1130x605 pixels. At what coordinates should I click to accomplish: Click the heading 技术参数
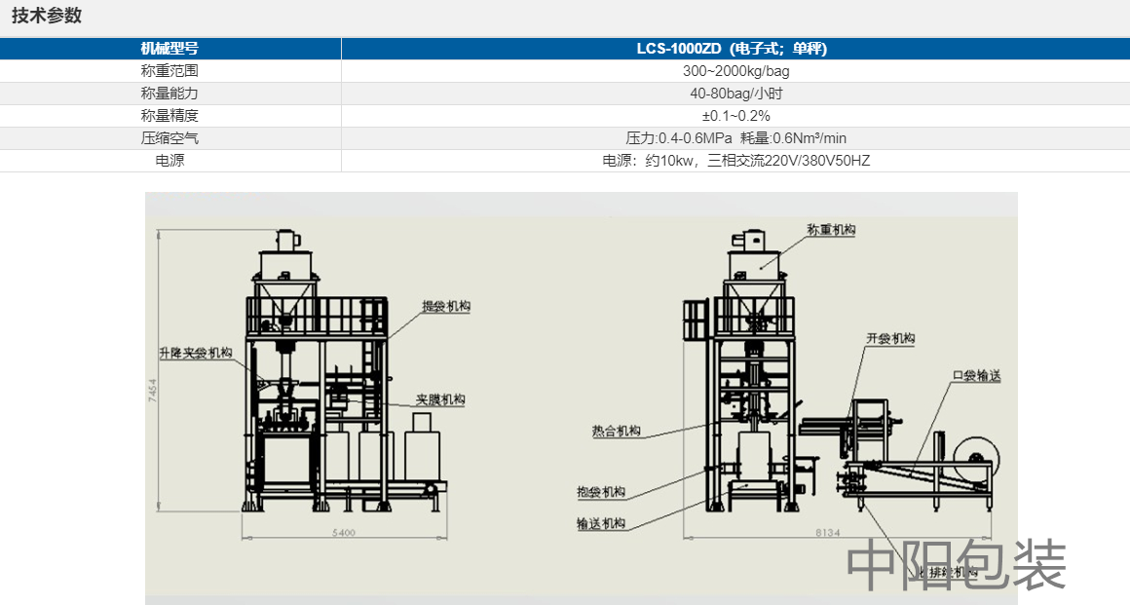[47, 16]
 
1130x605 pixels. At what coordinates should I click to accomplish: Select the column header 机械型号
[169, 49]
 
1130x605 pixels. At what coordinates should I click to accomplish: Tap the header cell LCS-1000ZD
[735, 49]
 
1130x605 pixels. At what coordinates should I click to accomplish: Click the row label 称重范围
[169, 71]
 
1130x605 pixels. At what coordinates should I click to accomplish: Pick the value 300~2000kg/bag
[735, 71]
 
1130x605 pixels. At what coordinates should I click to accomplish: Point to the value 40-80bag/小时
[735, 94]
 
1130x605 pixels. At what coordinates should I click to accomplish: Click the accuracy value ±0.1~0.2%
[735, 116]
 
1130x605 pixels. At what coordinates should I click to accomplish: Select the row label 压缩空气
[169, 138]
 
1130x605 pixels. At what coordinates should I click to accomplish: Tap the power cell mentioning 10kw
[735, 161]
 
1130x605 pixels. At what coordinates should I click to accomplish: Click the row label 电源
[169, 161]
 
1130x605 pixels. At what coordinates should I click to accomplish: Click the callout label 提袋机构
[446, 306]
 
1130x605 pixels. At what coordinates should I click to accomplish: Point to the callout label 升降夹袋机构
[196, 353]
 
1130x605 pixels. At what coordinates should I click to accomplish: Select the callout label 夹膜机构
[440, 399]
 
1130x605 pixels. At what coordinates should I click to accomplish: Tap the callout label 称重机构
[831, 230]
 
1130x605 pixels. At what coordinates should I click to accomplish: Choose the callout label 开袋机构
[890, 339]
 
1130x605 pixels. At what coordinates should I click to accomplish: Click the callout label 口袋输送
[976, 376]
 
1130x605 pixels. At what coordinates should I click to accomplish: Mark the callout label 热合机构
[616, 431]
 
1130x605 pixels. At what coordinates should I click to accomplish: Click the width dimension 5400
[343, 533]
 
